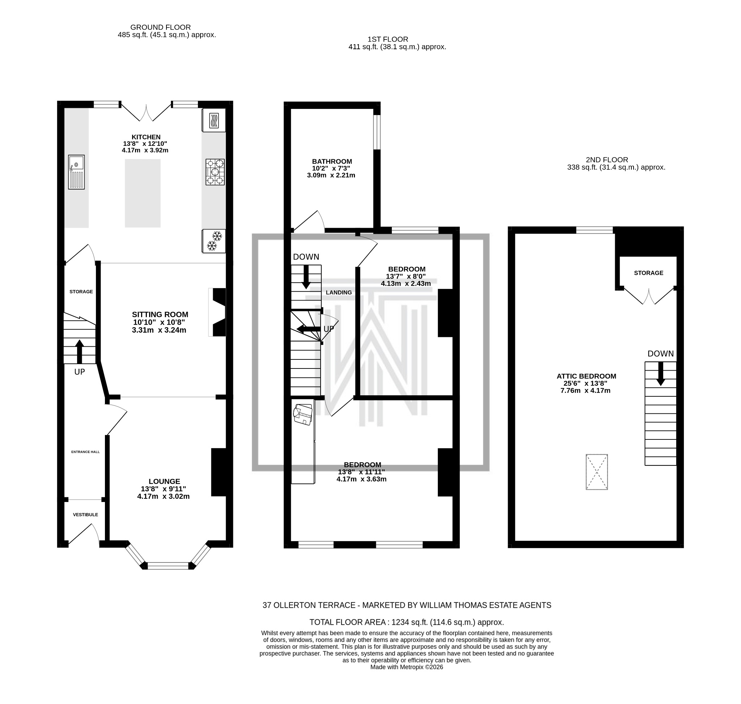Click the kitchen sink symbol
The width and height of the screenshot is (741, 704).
click(x=76, y=172)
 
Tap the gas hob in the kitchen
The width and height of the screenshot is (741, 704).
click(x=215, y=172)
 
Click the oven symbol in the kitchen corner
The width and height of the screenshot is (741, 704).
click(x=214, y=120)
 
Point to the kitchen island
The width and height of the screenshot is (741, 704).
click(x=143, y=193)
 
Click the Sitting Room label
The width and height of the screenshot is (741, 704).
click(x=160, y=315)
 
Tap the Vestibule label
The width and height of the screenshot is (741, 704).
click(x=85, y=514)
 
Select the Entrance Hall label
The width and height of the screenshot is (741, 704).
click(x=85, y=452)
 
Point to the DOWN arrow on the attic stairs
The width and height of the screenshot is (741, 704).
click(x=660, y=374)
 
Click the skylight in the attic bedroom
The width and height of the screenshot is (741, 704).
click(x=597, y=472)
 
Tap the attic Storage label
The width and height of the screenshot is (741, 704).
click(x=648, y=273)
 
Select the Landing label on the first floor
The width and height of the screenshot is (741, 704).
click(x=338, y=292)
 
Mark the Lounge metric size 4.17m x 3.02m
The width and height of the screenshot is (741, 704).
click(x=163, y=496)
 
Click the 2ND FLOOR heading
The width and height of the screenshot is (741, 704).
click(x=607, y=160)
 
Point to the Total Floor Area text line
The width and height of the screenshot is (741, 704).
click(x=406, y=622)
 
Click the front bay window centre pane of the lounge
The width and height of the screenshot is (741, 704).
click(x=168, y=565)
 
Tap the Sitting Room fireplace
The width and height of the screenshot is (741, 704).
click(x=217, y=312)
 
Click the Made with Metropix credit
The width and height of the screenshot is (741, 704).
click(x=406, y=667)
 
